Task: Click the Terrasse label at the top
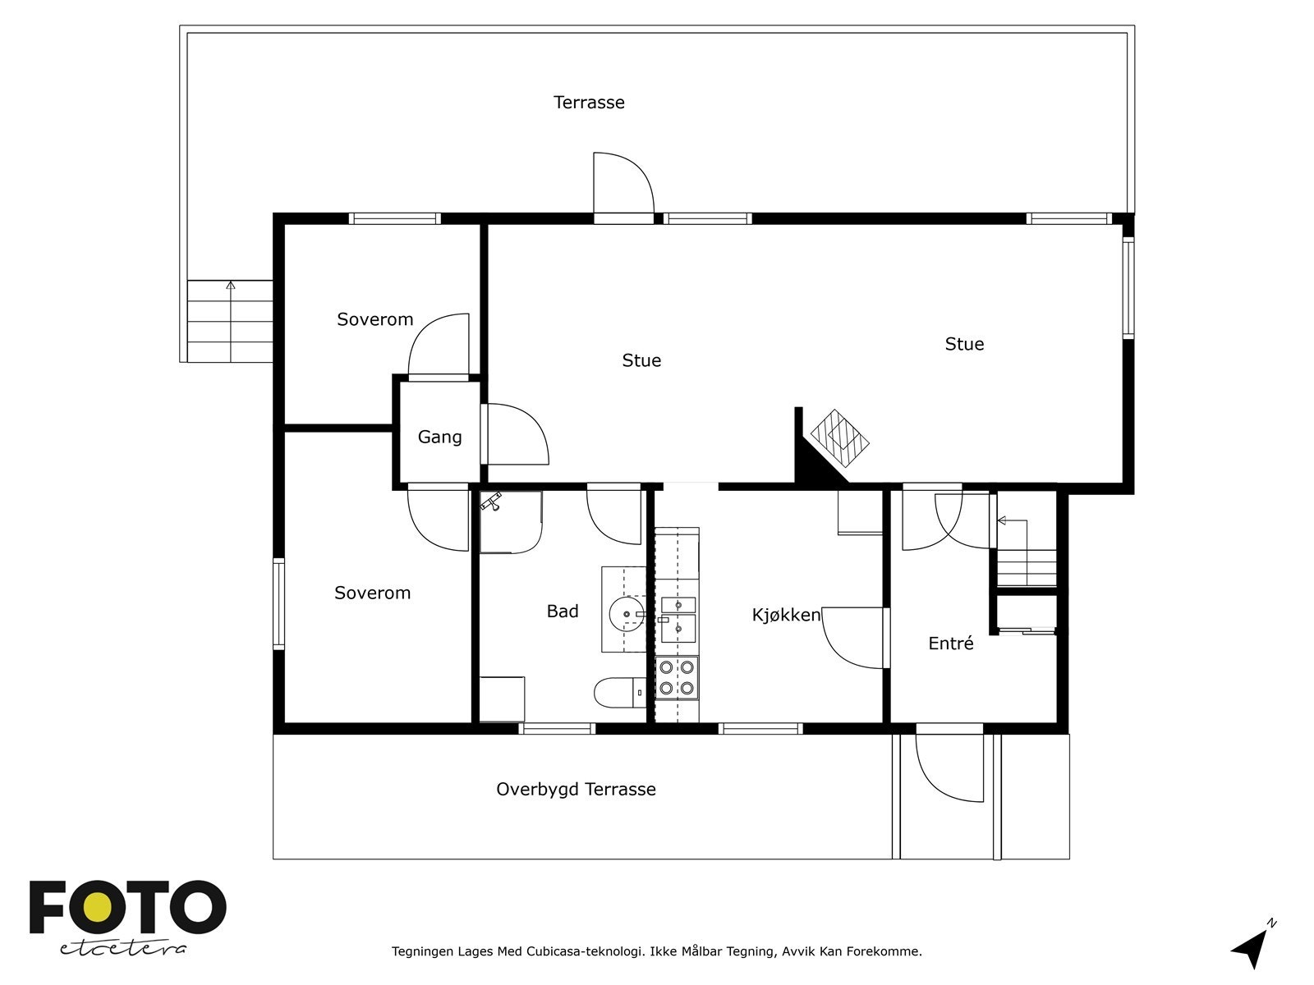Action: [x=589, y=103]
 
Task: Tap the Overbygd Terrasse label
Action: [x=576, y=790]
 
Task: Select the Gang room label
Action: [x=440, y=438]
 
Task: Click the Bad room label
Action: [x=563, y=612]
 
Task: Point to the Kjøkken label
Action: [x=786, y=615]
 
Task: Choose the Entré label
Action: [x=951, y=644]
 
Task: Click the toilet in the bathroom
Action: [x=620, y=693]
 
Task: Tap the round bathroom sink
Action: [x=627, y=614]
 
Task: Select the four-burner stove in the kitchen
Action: [x=677, y=678]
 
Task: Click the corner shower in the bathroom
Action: [x=511, y=522]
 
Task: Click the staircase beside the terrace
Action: [x=230, y=321]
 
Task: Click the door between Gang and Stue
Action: [x=515, y=434]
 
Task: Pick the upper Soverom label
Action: [x=375, y=319]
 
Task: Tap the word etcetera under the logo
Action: [x=122, y=949]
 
